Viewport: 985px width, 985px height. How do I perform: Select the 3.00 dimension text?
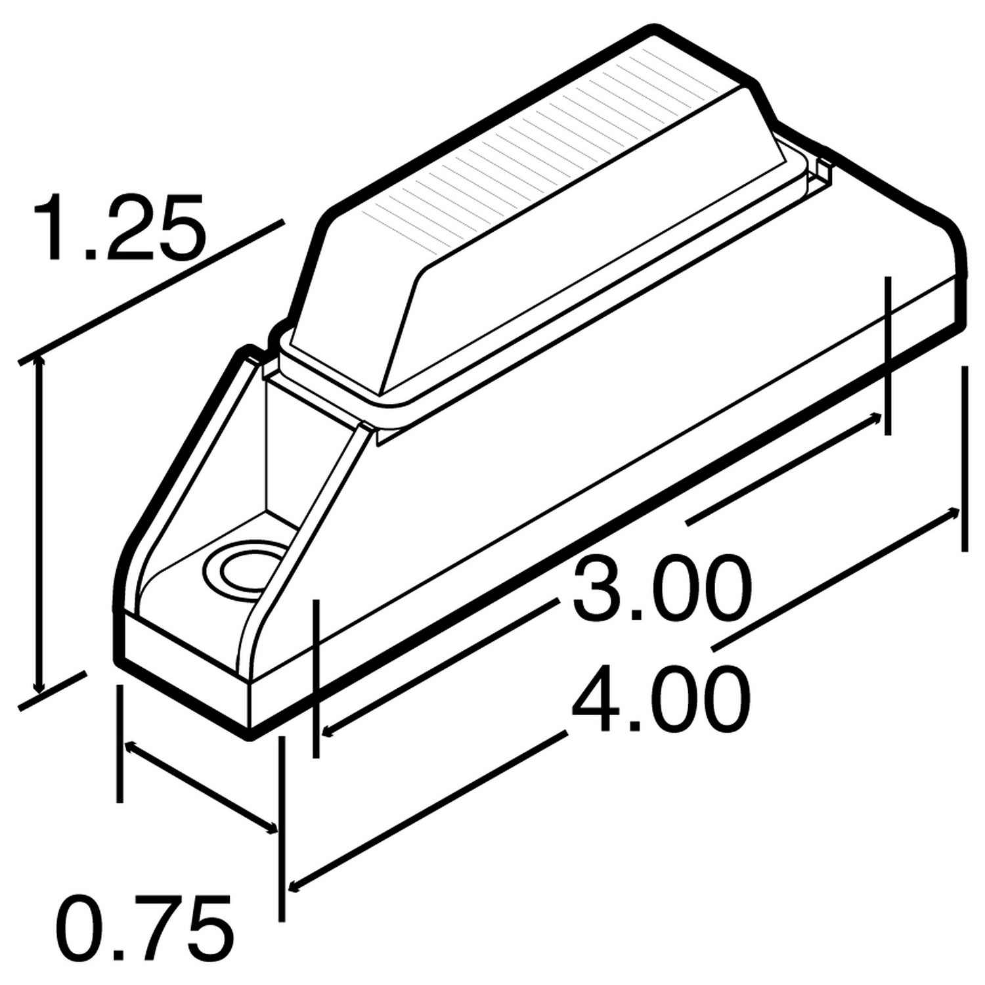pos(661,589)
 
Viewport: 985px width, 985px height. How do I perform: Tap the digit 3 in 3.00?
pos(598,589)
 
